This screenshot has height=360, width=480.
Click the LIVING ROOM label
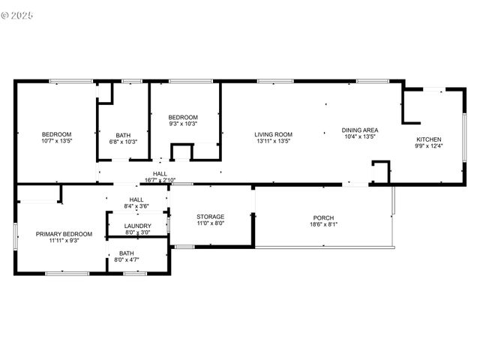click(x=273, y=134)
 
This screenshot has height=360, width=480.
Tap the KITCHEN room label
click(x=429, y=139)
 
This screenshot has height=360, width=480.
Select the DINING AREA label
click(x=360, y=130)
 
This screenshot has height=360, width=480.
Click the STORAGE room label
click(x=210, y=216)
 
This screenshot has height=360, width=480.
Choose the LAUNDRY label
click(x=137, y=226)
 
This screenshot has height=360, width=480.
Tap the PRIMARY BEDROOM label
click(x=64, y=234)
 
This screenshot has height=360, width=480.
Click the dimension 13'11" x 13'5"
click(x=273, y=141)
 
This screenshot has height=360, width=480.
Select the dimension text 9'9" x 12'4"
click(x=429, y=145)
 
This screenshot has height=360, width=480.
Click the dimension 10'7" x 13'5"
click(x=56, y=141)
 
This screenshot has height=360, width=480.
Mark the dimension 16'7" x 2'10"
click(x=160, y=180)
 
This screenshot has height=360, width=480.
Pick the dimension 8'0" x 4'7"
click(x=126, y=260)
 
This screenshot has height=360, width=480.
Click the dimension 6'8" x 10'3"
click(x=123, y=142)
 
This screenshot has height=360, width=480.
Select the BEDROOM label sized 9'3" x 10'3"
click(x=183, y=117)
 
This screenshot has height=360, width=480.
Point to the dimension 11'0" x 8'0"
click(x=210, y=223)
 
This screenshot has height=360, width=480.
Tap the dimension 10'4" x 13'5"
click(x=360, y=136)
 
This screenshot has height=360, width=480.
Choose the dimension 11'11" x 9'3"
click(x=64, y=241)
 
